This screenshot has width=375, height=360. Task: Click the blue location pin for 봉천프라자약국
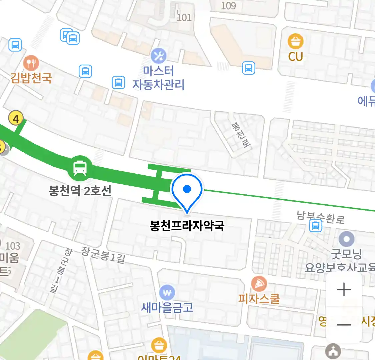pos(187,191)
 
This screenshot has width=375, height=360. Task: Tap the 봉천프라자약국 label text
pos(187,226)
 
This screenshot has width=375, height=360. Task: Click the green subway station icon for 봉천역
pos(80,169)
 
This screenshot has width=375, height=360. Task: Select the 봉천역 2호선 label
pos(80,191)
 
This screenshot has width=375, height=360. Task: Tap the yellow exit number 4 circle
pos(16,118)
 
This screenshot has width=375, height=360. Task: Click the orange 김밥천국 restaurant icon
pos(31,63)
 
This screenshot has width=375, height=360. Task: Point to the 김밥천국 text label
pos(31,78)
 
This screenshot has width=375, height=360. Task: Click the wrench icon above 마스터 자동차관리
pos(159,56)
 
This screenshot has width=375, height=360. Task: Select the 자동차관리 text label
pos(159,85)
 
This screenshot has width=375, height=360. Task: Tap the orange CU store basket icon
pos(295,41)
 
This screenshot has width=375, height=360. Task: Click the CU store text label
pos(295,57)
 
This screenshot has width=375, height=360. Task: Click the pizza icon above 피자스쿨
pos(259,284)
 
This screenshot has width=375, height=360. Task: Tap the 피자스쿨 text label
pos(259,299)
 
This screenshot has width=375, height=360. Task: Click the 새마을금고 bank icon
pos(167,293)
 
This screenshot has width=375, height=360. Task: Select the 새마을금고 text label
pos(167,307)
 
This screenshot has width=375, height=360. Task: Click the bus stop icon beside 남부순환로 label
pos(315,226)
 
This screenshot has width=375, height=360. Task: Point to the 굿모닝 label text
pos(346,255)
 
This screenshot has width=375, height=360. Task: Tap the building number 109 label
pos(228,6)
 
